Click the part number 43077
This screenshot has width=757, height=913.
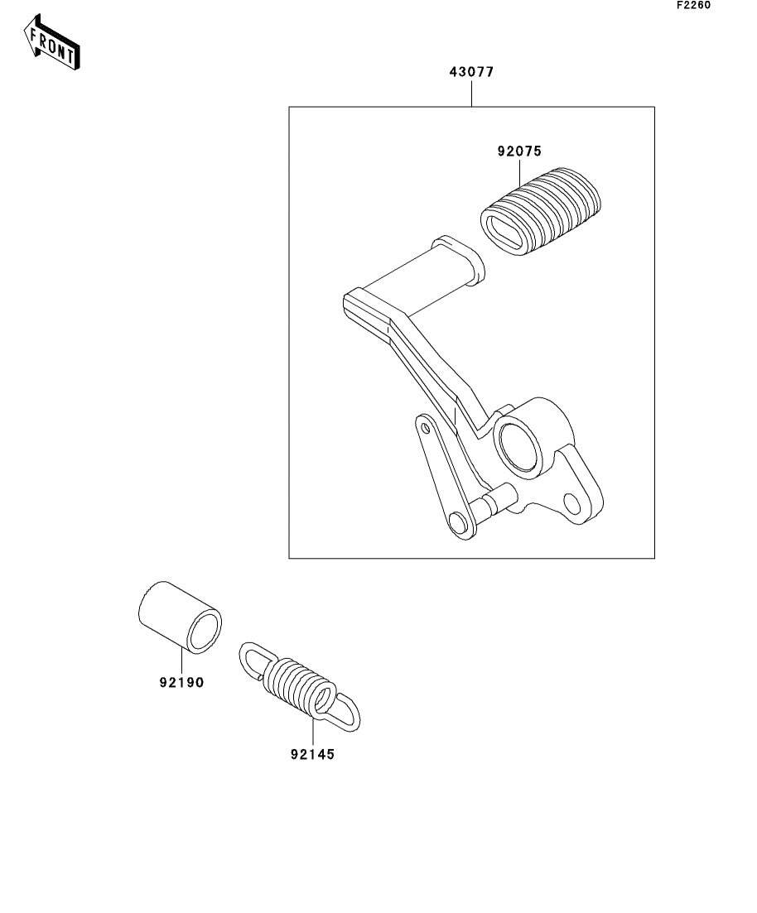pos(471,72)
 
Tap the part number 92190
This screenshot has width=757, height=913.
pos(181,683)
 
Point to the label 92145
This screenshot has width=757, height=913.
pos(313,754)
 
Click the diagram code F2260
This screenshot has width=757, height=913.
pos(693,5)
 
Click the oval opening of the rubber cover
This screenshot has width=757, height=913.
pos(504,228)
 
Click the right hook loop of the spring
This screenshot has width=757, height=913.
pos(345,711)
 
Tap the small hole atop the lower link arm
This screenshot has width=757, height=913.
pos(426,427)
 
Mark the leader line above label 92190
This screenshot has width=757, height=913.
pos(181,662)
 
